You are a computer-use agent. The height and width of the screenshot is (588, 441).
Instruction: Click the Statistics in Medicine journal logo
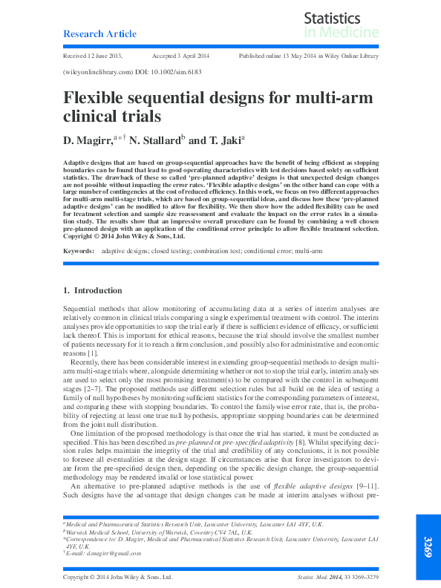[342, 25]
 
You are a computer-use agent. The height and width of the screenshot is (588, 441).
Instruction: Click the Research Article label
[100, 34]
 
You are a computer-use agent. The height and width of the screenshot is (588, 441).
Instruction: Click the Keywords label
[78, 251]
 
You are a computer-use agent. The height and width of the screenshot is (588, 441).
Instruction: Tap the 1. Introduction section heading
[97, 290]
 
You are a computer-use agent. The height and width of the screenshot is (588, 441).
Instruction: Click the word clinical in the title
[89, 117]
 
